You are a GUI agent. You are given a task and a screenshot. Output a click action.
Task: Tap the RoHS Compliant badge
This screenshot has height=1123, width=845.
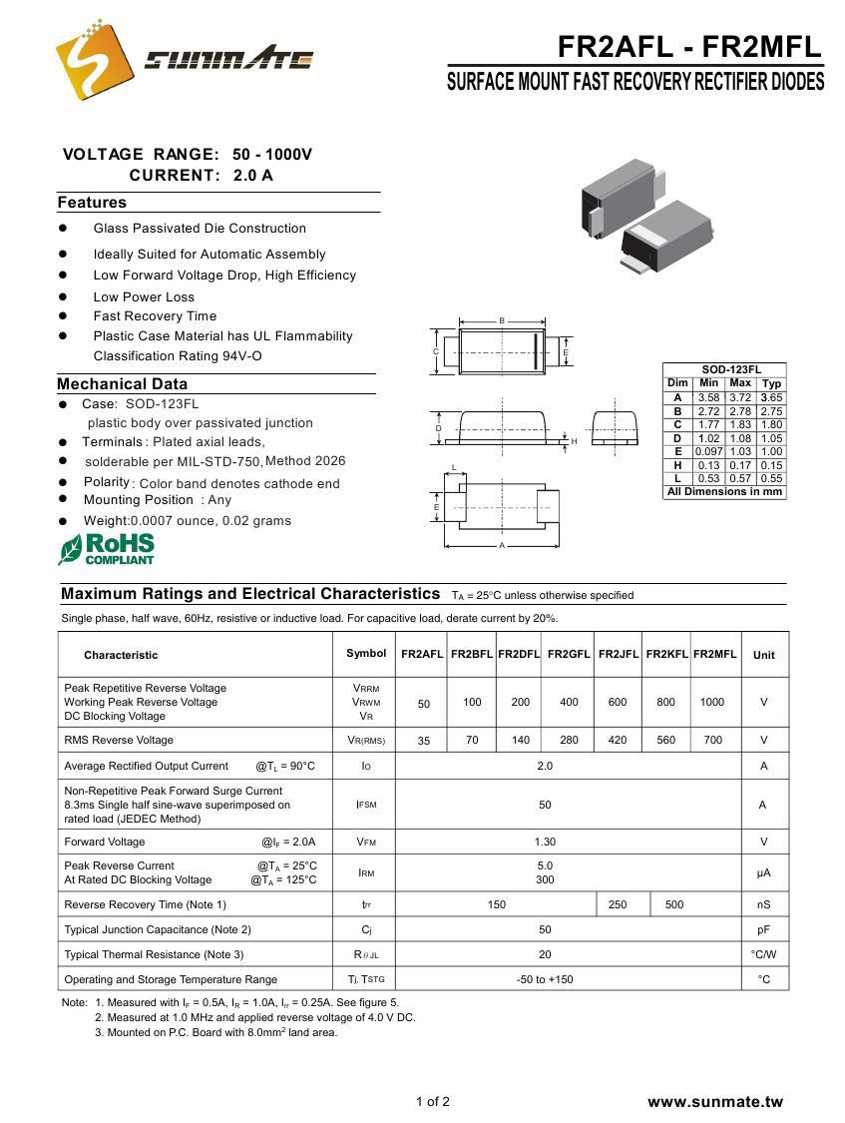click(107, 549)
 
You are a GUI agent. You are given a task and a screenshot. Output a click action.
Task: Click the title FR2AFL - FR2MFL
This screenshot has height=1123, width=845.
click(688, 46)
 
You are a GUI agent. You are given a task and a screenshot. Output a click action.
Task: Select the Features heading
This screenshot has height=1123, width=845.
click(92, 203)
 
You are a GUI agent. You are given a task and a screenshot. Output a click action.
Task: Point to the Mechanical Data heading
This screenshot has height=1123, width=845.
click(122, 384)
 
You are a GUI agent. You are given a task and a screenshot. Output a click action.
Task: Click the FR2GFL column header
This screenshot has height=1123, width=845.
click(569, 654)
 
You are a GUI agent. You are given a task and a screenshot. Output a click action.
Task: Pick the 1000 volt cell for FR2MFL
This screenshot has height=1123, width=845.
click(712, 702)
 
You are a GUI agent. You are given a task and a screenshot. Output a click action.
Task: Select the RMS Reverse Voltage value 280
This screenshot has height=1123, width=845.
click(569, 740)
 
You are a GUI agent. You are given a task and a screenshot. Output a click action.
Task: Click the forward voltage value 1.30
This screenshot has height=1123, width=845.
click(545, 842)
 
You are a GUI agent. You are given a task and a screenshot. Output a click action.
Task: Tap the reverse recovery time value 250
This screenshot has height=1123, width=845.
click(618, 904)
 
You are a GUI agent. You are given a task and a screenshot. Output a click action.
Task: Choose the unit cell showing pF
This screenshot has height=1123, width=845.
click(764, 929)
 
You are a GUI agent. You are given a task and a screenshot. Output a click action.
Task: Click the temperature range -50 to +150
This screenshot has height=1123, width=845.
click(545, 979)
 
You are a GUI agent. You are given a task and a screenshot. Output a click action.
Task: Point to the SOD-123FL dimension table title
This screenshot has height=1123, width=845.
click(724, 369)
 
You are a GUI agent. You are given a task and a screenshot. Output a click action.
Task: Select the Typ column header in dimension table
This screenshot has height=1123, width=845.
click(771, 383)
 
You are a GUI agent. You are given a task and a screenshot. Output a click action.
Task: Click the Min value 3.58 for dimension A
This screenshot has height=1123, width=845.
click(708, 397)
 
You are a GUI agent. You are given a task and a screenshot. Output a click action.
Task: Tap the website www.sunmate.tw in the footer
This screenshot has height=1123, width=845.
click(715, 1102)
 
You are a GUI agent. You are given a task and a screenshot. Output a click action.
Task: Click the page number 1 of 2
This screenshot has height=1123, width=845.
click(433, 1102)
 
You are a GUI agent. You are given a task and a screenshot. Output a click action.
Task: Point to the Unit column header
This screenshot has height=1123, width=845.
click(764, 655)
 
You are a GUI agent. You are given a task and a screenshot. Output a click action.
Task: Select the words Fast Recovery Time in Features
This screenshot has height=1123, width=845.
click(155, 316)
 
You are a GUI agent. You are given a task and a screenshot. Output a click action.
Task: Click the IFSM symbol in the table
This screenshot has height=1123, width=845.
click(366, 805)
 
